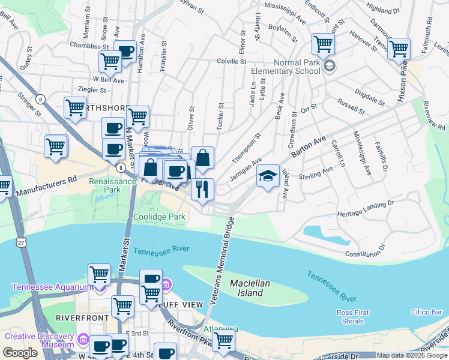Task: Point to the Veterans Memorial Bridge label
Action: click(x=221, y=264)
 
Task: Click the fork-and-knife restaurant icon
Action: click(x=203, y=189)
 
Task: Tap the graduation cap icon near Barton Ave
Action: click(x=268, y=176)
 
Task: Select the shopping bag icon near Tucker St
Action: click(x=203, y=158)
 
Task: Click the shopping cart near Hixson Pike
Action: click(x=399, y=50)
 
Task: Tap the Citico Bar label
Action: click(x=427, y=312)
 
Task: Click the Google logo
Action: click(x=20, y=352)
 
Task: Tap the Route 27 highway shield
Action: click(x=22, y=242)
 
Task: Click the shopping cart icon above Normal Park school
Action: click(x=323, y=44)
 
